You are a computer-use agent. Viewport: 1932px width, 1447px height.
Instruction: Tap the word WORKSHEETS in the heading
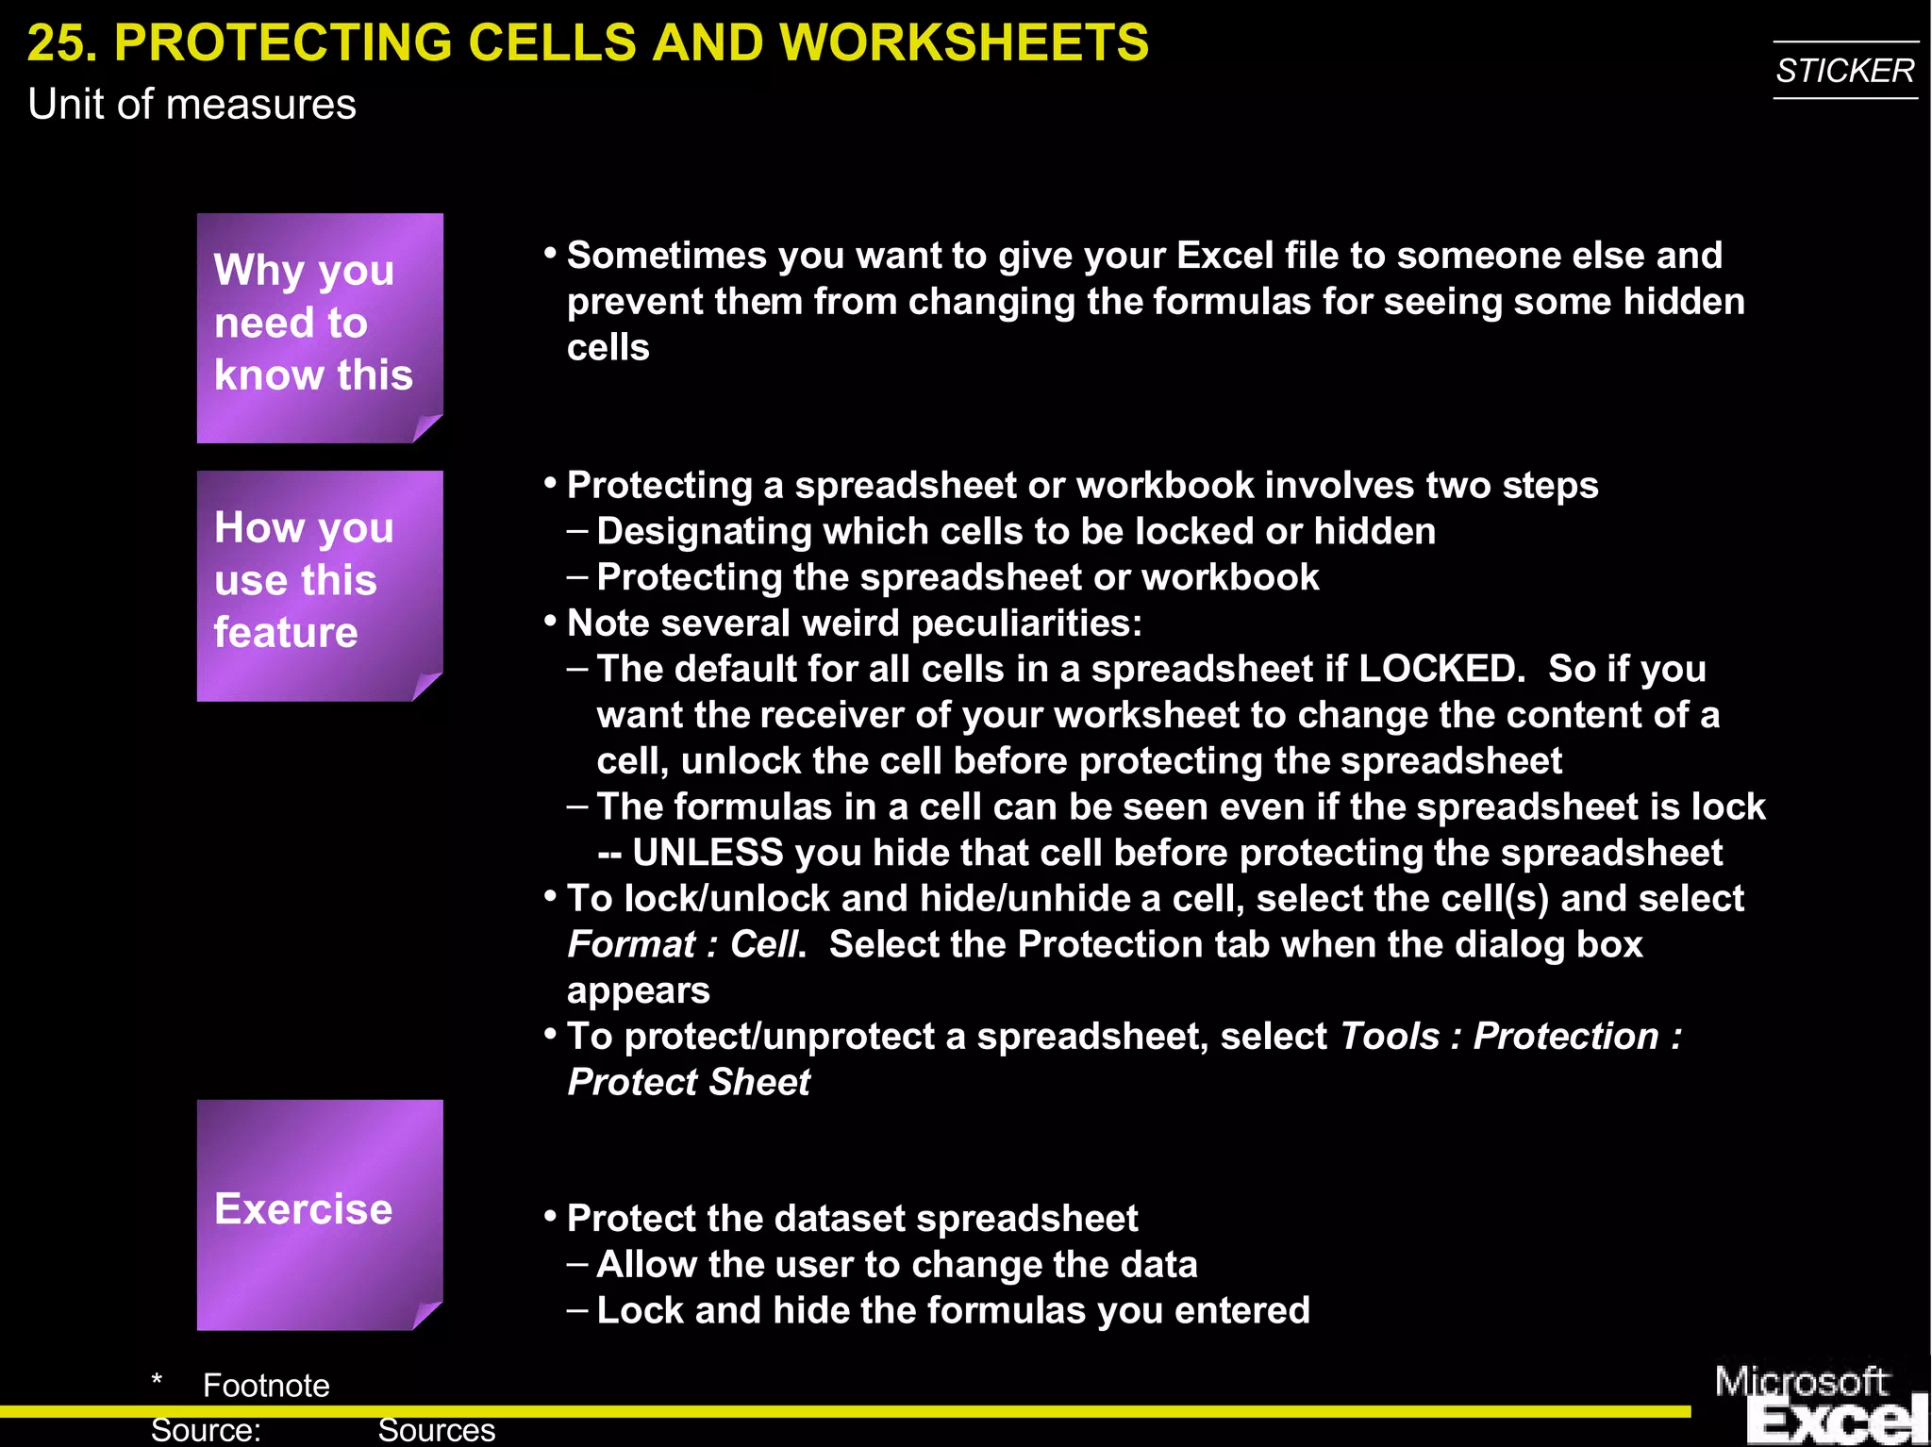click(x=964, y=43)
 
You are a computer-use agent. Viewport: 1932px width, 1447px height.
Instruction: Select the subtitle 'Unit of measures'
click(x=192, y=105)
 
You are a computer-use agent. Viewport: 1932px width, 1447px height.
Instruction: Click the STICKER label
click(x=1844, y=71)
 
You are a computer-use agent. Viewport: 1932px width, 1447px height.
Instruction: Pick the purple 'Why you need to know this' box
click(x=319, y=326)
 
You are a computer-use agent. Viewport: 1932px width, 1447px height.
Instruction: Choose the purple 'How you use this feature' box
click(x=319, y=585)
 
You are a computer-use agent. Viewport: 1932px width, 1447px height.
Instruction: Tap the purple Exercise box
click(x=319, y=1214)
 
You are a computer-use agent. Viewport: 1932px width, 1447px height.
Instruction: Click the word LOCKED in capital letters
click(x=1441, y=669)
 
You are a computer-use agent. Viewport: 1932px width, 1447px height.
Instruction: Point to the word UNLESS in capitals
click(x=708, y=853)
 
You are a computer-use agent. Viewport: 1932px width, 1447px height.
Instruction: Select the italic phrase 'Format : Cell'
click(x=685, y=944)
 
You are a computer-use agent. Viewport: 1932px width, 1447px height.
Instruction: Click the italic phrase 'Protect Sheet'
click(x=689, y=1082)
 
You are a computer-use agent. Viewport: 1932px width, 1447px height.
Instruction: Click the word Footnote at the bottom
click(x=266, y=1386)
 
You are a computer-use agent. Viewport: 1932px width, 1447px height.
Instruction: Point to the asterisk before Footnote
click(x=157, y=1382)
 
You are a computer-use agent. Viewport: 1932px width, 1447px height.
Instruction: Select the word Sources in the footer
click(x=436, y=1430)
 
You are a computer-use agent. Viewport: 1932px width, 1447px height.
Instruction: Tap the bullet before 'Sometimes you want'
click(x=551, y=253)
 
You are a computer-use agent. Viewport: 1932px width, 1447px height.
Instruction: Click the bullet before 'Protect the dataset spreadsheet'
click(x=551, y=1216)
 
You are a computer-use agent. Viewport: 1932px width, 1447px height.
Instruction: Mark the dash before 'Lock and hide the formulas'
click(x=577, y=1309)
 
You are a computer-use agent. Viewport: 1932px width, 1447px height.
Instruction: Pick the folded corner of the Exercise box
click(x=427, y=1315)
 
